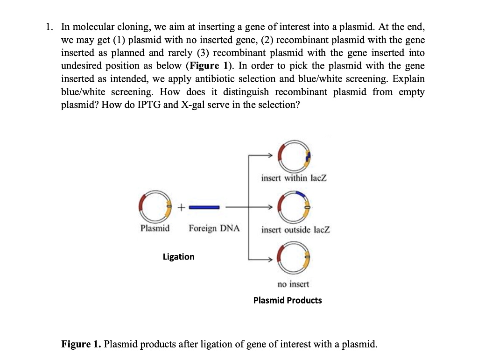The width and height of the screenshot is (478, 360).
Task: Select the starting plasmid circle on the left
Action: point(155,206)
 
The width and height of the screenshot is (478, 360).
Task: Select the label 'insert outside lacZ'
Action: point(295,230)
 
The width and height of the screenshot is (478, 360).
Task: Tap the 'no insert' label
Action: point(293,284)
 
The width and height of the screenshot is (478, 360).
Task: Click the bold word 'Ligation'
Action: point(178,257)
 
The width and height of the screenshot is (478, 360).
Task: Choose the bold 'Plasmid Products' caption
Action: point(288,300)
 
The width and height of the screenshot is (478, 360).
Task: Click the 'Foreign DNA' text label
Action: point(214,228)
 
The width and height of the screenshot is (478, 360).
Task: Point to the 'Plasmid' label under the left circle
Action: point(155,228)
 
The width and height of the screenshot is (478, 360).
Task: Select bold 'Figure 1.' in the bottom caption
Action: point(81,345)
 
